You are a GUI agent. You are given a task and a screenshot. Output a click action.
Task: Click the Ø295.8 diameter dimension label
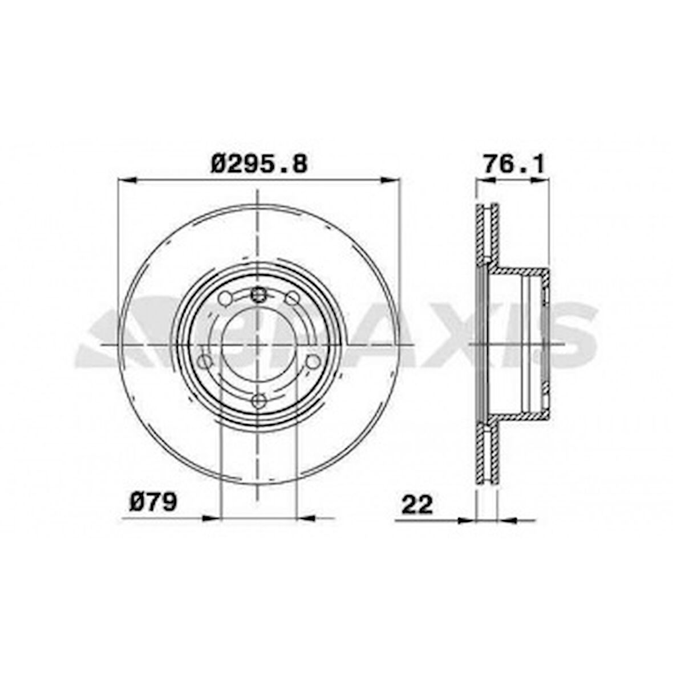pos(259,164)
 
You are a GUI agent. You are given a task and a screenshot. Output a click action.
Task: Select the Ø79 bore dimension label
pos(153,502)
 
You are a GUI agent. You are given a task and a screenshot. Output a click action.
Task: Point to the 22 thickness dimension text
pos(417,505)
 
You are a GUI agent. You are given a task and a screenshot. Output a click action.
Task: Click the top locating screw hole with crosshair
pos(259,295)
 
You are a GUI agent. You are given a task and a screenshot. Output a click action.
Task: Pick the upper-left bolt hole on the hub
pos(226,298)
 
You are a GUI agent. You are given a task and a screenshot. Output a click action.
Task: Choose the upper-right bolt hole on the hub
pos(292,298)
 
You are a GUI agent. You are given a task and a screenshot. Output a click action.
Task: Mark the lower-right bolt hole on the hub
pos(313,362)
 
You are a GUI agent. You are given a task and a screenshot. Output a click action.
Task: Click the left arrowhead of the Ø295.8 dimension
pos(125,180)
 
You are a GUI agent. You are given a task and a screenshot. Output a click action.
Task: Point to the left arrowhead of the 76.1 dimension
pos(484,180)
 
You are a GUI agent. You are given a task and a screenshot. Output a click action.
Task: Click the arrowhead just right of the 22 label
pos(467,520)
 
